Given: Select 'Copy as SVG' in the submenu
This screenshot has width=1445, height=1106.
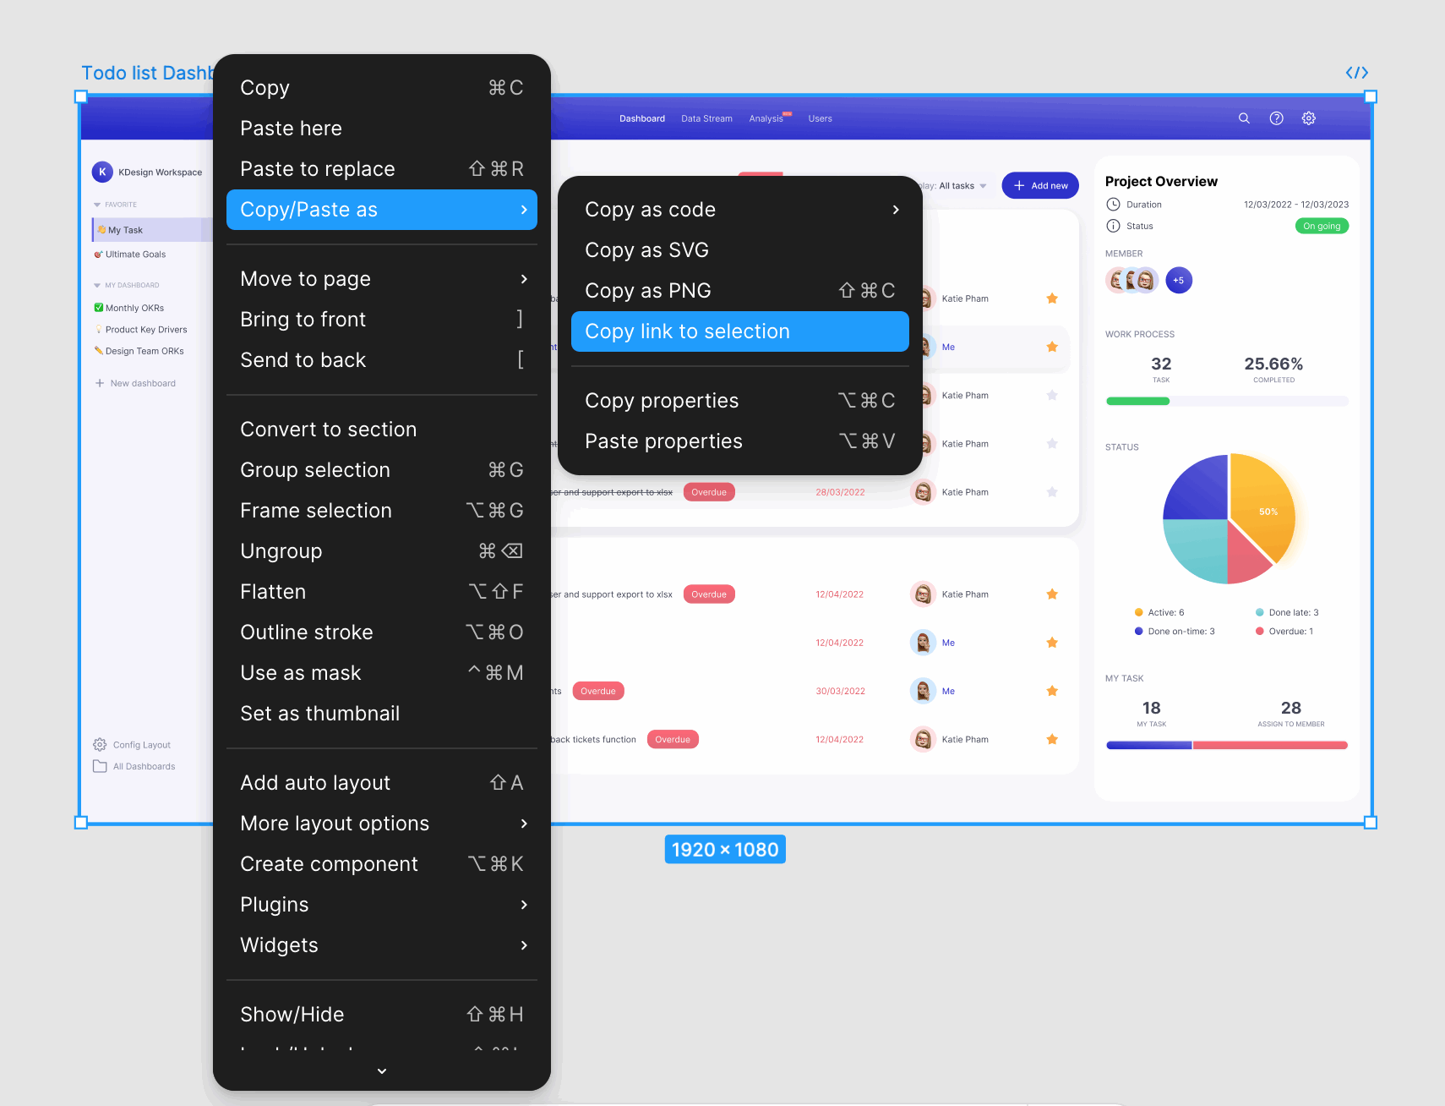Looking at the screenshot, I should click(x=647, y=250).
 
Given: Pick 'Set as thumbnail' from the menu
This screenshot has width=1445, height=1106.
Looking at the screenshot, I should click(x=320, y=714).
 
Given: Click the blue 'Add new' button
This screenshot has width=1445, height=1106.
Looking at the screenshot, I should click(x=1040, y=186).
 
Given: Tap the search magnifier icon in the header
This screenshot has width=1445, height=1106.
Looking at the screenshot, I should click(x=1244, y=118).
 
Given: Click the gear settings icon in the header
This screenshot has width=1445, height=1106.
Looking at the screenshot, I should click(x=1309, y=118).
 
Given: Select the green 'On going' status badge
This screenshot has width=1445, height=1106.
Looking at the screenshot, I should click(x=1322, y=226).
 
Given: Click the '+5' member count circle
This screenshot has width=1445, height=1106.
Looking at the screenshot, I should click(x=1179, y=280).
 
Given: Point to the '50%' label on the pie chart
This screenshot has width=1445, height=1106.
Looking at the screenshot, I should click(x=1268, y=512).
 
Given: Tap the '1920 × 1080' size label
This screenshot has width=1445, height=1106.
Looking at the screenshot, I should click(x=725, y=850).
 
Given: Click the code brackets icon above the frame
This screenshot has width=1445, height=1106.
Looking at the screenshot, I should click(x=1357, y=73).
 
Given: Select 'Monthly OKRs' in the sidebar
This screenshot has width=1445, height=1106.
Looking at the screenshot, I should click(x=134, y=308).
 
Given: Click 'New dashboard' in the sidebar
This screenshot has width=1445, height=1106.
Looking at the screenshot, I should click(x=142, y=383).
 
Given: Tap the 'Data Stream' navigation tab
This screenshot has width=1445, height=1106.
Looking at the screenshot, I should click(x=706, y=118).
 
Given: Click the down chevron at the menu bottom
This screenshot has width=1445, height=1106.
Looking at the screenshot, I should click(x=382, y=1071).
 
